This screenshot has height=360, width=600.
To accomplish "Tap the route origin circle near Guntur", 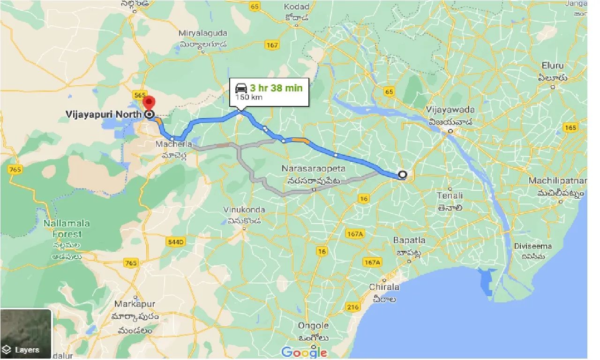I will (x=402, y=175).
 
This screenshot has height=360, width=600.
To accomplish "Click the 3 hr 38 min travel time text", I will (x=276, y=88).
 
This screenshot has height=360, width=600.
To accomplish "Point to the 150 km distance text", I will (x=249, y=97).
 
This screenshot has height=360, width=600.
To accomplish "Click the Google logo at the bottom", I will (x=304, y=352).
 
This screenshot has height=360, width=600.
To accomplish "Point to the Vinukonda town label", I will (x=244, y=210).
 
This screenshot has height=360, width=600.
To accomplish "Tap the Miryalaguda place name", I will (x=203, y=33).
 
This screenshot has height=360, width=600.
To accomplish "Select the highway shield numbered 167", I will (x=271, y=45).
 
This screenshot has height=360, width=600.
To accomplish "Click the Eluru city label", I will (x=553, y=65).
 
